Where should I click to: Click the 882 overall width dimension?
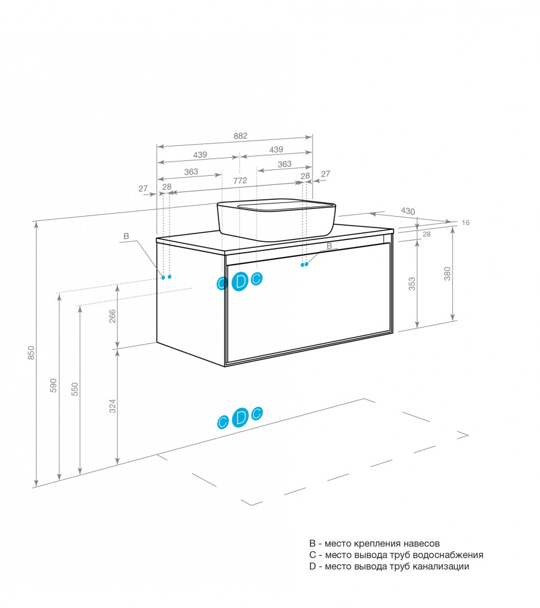[241, 136]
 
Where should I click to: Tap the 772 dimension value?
[240, 181]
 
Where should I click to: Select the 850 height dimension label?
[31, 353]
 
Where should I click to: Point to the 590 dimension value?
[53, 385]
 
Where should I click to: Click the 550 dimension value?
[74, 390]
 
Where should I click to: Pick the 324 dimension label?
[112, 406]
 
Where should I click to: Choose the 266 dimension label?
[112, 316]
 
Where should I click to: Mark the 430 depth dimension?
[408, 211]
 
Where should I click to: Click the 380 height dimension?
[448, 274]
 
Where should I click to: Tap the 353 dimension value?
[412, 284]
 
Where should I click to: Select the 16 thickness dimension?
[466, 223]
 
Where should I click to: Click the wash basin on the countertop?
[276, 220]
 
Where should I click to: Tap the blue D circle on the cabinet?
[240, 281]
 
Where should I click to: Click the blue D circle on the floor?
[241, 418]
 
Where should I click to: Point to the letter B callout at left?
[126, 236]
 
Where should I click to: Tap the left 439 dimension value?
[200, 155]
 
